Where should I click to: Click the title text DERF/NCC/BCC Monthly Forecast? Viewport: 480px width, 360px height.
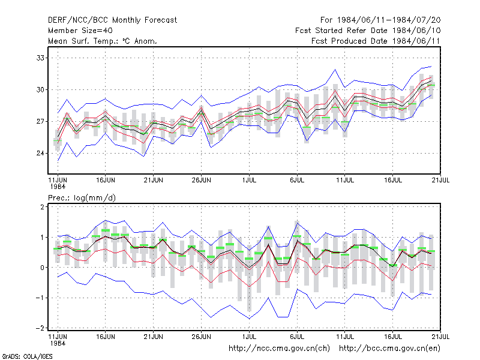coord(112,20)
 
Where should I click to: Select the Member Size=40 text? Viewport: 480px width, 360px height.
coord(80,31)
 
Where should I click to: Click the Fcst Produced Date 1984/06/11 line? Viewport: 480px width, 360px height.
coord(376,41)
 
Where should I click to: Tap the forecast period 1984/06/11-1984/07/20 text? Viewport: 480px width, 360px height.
coord(389,20)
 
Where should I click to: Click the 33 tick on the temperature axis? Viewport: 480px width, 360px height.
coord(40,58)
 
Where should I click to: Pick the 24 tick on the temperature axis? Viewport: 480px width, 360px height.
coord(40,153)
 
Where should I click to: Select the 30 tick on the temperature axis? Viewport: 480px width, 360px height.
coord(40,89)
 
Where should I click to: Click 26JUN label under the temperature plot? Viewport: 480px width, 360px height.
coord(201,180)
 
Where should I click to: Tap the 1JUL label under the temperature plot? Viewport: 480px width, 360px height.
coord(249,180)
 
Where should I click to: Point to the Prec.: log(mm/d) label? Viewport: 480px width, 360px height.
coord(82,198)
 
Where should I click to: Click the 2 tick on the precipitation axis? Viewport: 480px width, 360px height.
coord(42,207)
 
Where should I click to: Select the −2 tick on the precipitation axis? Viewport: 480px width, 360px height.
coord(40,328)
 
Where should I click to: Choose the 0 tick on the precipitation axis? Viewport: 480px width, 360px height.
coord(42,268)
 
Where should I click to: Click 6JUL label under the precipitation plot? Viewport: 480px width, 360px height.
coord(297,337)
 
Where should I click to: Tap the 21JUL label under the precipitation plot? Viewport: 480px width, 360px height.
coord(440,337)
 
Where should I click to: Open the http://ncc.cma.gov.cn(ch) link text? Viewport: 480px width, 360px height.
coord(279,349)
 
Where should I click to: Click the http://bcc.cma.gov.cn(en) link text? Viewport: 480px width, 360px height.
coord(389,349)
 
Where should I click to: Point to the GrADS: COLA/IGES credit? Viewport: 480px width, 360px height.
coord(27,356)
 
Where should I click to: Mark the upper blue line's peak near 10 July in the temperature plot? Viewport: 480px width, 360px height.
coord(335,70)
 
